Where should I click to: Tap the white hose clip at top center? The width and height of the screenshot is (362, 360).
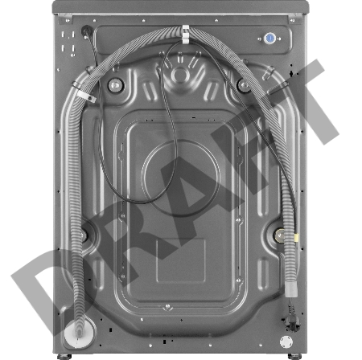pyautogui.click(x=185, y=34)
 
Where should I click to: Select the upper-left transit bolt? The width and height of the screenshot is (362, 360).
pyautogui.click(x=115, y=84)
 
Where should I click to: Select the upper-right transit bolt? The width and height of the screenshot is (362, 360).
pyautogui.click(x=242, y=84)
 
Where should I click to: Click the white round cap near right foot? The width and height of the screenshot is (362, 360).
pyautogui.click(x=286, y=342)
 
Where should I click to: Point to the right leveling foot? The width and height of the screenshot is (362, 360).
pyautogui.click(x=290, y=354)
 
